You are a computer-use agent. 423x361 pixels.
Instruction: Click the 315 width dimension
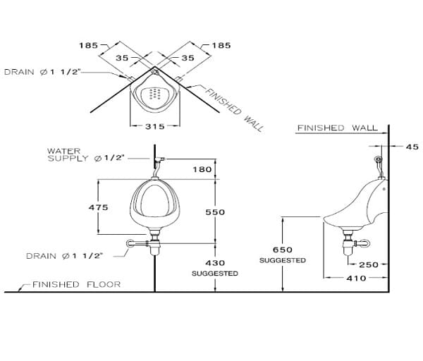click(x=155, y=127)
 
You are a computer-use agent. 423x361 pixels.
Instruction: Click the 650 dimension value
click(x=282, y=250)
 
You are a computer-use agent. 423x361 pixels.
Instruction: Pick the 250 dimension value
click(x=369, y=265)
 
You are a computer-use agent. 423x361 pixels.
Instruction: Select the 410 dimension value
click(x=356, y=279)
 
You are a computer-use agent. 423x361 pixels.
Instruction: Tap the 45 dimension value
click(x=412, y=147)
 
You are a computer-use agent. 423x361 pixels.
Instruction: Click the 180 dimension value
click(x=202, y=169)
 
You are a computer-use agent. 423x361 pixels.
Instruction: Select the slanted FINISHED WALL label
click(x=235, y=110)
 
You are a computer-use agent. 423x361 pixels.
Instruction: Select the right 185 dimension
click(x=221, y=45)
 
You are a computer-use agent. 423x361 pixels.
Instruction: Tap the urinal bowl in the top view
click(x=155, y=96)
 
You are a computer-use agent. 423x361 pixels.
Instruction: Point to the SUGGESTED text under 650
click(x=282, y=260)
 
